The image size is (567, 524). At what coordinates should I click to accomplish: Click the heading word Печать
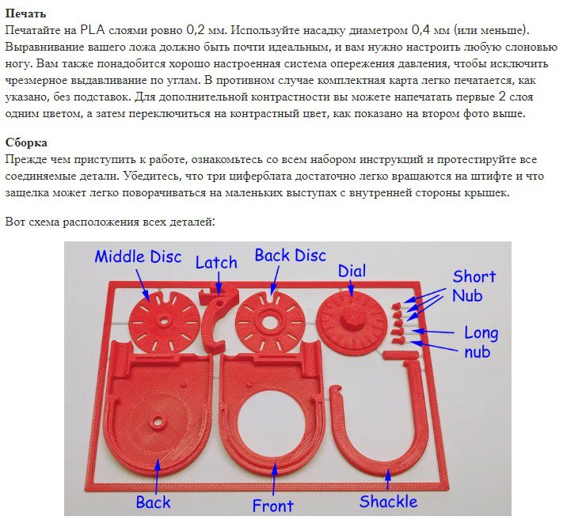click(25, 13)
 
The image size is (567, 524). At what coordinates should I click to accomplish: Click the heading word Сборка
click(26, 142)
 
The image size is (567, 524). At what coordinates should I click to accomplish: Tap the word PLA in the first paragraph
click(93, 30)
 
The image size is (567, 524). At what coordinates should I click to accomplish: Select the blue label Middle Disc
click(138, 256)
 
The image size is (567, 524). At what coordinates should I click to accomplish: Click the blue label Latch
click(216, 262)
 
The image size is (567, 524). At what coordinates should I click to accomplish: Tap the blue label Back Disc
click(290, 255)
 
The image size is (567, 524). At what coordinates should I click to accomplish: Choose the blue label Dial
click(352, 271)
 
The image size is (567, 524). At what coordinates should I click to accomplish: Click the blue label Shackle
click(388, 501)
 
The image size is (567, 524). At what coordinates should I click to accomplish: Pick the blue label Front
click(272, 505)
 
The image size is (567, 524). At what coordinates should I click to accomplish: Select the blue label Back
click(153, 503)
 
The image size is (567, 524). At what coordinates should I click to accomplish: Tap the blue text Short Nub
click(473, 286)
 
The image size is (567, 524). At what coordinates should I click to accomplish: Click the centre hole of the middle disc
click(163, 321)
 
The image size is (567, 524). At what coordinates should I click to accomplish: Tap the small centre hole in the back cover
click(158, 421)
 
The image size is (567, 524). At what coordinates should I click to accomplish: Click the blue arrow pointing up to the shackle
click(388, 480)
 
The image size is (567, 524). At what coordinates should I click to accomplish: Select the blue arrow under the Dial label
click(350, 288)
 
